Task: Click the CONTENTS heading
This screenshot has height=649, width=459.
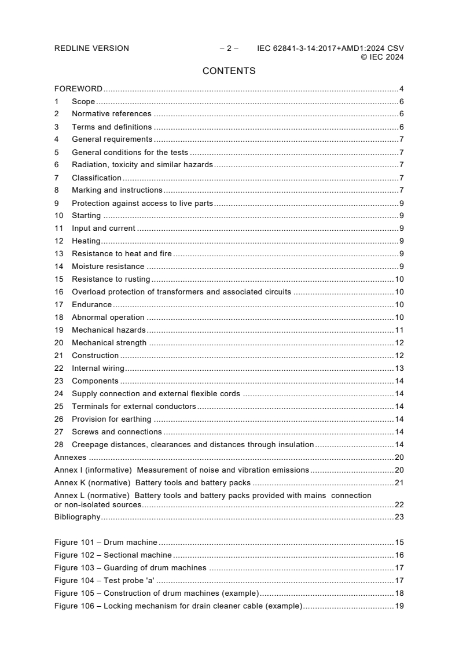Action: (x=229, y=71)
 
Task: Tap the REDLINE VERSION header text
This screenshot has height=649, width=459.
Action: (x=91, y=49)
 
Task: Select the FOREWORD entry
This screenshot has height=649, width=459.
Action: (x=78, y=89)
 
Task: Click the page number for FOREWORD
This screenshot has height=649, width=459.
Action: (x=401, y=89)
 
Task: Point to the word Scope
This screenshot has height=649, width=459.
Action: (x=83, y=102)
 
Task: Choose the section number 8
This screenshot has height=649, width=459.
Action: (x=57, y=190)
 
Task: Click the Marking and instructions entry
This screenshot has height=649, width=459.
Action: (x=117, y=190)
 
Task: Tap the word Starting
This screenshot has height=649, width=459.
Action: (x=86, y=216)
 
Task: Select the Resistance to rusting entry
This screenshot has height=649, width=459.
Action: (x=111, y=279)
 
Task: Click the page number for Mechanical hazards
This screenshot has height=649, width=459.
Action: (x=399, y=330)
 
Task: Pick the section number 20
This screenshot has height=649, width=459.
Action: (x=58, y=343)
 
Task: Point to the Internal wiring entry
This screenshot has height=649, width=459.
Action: (x=98, y=368)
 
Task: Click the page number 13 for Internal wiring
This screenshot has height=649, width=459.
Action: (x=399, y=368)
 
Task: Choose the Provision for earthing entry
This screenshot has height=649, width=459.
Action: (x=111, y=419)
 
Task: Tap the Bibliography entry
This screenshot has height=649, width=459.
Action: (x=77, y=517)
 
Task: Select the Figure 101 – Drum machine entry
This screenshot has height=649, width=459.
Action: (x=106, y=543)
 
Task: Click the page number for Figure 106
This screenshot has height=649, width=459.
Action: (x=399, y=606)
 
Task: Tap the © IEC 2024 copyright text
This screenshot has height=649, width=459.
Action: (x=382, y=57)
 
